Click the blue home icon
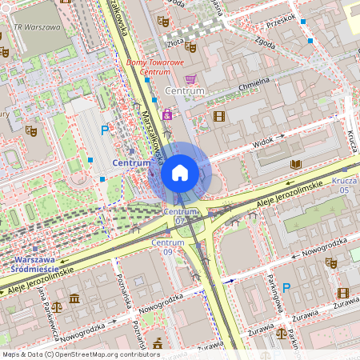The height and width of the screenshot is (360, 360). (180, 172)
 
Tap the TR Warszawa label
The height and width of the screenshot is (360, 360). (37, 26)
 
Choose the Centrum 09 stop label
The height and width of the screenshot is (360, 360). (167, 246)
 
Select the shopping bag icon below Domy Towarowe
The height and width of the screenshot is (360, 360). (190, 79)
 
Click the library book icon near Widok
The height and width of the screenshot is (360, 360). (296, 164)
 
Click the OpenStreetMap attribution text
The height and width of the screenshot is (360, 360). (80, 354)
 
